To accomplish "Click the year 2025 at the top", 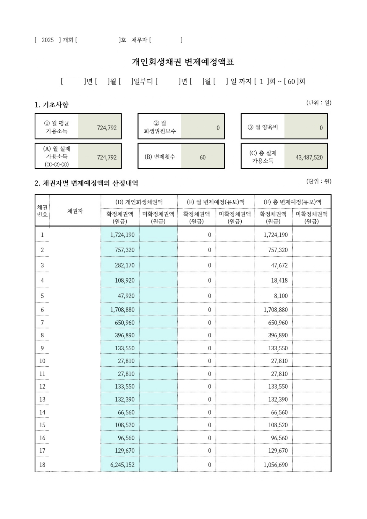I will click(48, 40).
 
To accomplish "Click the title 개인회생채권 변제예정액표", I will click(183, 62).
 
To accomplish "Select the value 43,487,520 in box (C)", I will click(309, 157).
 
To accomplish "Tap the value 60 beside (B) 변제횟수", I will click(203, 157).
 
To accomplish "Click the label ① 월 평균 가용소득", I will click(57, 127).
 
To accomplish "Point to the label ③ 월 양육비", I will click(263, 127).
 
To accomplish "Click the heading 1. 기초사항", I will click(51, 105).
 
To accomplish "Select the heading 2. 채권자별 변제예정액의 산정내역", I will click(86, 183).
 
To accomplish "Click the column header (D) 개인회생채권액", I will click(139, 202).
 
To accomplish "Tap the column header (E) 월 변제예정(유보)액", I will click(216, 202).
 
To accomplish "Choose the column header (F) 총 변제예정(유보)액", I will click(292, 202).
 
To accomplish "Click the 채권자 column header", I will click(75, 211).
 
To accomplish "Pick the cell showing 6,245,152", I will click(122, 465).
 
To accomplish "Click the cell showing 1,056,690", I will click(276, 465).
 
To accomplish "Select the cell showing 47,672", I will click(279, 265).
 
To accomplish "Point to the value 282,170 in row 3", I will click(125, 265).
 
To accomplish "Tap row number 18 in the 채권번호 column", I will click(42, 465).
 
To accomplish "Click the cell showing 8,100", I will click(281, 296).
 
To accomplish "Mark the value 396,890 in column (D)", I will click(125, 335).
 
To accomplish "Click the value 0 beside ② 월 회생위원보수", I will click(218, 128).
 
